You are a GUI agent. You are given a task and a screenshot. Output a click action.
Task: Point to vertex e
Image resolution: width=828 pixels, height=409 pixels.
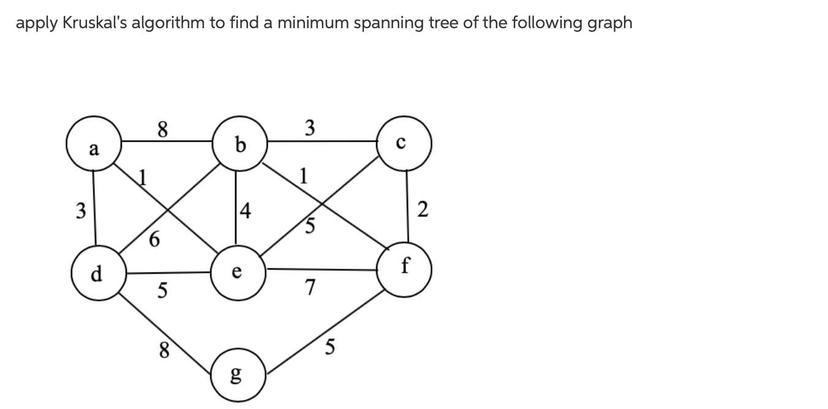(238, 272)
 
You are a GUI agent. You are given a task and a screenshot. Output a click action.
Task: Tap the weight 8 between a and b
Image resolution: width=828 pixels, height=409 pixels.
(162, 129)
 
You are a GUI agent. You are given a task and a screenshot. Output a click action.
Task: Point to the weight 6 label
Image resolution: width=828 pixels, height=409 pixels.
(155, 240)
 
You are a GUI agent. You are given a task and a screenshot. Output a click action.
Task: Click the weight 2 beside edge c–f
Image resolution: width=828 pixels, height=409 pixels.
(422, 209)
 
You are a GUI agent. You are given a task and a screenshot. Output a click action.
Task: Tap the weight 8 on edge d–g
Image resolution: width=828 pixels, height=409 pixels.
(164, 351)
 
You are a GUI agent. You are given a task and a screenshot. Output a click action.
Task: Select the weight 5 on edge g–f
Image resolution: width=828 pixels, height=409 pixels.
(330, 347)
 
